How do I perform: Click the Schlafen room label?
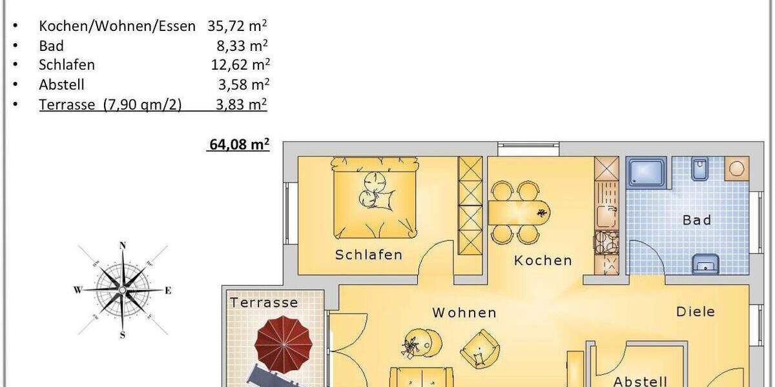(x=368, y=255)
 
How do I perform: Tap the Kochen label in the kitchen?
(x=543, y=261)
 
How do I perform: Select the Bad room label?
(x=697, y=221)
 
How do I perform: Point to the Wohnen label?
(x=464, y=313)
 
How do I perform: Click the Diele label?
(x=696, y=312)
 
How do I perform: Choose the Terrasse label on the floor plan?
(x=264, y=303)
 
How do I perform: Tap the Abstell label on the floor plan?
(x=639, y=381)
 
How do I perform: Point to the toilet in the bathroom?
(x=700, y=170)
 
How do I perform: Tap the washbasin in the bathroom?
(x=705, y=263)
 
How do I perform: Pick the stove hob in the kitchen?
(x=606, y=243)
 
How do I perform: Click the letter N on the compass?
(x=122, y=245)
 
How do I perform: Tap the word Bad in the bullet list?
(x=51, y=46)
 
